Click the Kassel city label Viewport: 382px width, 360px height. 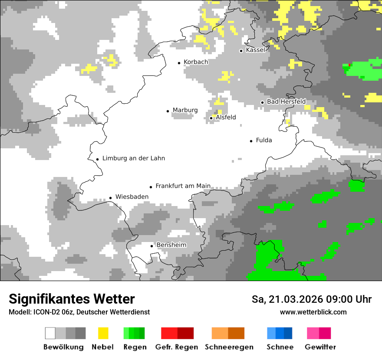tap(255, 50)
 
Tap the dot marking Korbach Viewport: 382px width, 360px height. tap(179, 63)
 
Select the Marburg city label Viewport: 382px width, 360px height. tap(185, 110)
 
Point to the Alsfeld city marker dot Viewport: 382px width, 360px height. tap(211, 118)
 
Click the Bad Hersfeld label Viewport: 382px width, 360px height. tap(286, 101)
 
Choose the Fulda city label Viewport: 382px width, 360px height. tap(264, 140)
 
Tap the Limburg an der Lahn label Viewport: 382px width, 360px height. tap(133, 158)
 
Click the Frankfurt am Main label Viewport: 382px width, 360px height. tap(183, 186)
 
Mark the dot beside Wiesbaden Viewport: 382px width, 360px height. tap(111, 198)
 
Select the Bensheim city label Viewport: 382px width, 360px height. tap(171, 245)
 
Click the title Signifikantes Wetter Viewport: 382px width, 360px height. tap(72, 299)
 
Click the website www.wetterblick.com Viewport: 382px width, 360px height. tap(313, 312)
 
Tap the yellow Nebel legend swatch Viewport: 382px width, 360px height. tap(103, 333)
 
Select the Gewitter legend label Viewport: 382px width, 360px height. tap(320, 347)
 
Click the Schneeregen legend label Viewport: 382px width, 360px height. tap(229, 347)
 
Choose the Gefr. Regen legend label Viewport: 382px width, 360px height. tap(177, 347)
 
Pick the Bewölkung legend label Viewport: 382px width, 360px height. tap(63, 347)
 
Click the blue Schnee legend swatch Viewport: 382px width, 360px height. tap(279, 333)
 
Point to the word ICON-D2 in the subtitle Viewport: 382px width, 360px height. tap(45, 312)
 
